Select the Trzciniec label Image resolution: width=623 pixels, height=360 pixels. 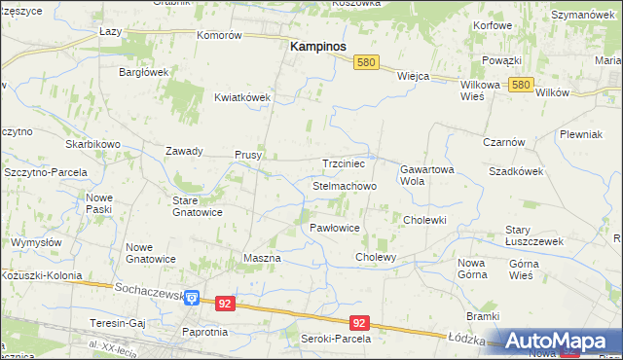click(x=343, y=164)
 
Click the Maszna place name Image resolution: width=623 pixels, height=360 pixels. click(x=261, y=258)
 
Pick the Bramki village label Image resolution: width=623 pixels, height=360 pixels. click(x=482, y=316)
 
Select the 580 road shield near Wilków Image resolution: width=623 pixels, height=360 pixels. click(x=521, y=85)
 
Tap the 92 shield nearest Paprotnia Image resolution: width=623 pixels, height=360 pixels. click(x=225, y=304)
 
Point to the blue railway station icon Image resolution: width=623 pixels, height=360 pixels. click(x=193, y=299)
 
